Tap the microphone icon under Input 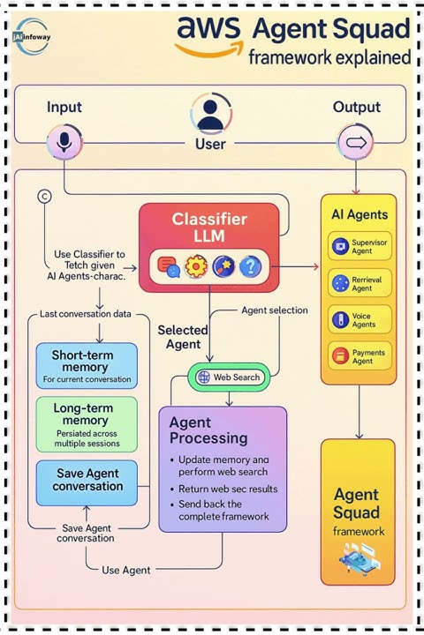pos(63,142)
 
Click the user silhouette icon pos(209,115)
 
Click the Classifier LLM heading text pos(209,228)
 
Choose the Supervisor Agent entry pos(358,247)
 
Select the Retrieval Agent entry pos(358,284)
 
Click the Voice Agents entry pos(358,320)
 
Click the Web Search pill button pos(230,377)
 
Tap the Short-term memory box pos(87,364)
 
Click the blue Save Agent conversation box pos(87,481)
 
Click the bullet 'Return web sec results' pos(227,489)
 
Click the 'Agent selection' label pos(274,310)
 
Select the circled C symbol pos(44,197)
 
